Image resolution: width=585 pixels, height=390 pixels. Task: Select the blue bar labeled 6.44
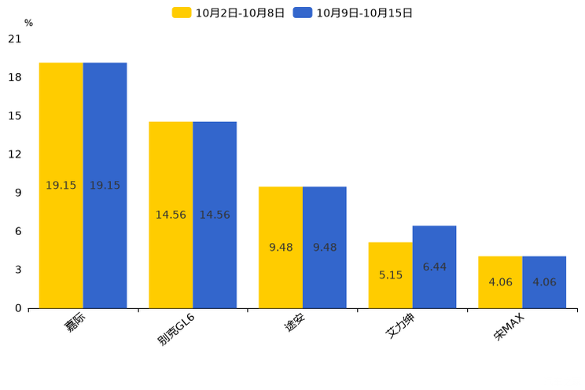(x=434, y=267)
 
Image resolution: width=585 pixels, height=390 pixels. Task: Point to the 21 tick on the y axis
(x=14, y=39)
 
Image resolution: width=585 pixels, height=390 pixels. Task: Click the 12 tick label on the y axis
(x=14, y=154)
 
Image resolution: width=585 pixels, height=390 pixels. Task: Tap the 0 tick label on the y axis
(x=18, y=308)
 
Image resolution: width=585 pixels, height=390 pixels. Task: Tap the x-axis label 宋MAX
(x=510, y=326)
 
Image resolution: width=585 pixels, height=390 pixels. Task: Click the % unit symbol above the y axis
(x=28, y=23)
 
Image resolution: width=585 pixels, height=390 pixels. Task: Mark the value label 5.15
(x=390, y=275)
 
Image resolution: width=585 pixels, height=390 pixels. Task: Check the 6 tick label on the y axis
(x=18, y=231)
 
